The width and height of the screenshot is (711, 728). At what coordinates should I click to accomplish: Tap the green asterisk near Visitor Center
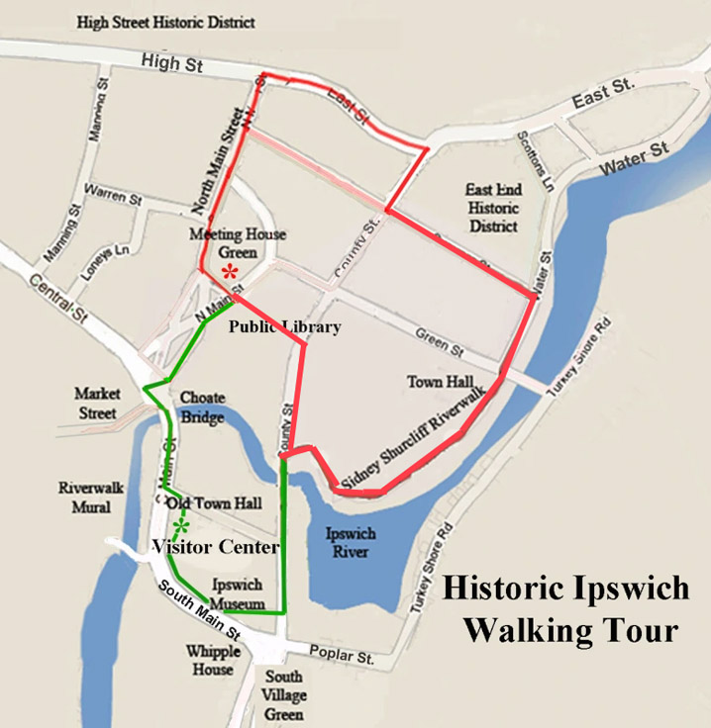(x=180, y=525)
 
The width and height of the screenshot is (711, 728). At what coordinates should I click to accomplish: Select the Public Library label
(x=285, y=327)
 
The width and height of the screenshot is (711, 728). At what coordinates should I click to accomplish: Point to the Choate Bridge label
(x=202, y=408)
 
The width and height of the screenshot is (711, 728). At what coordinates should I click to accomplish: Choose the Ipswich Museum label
(x=238, y=593)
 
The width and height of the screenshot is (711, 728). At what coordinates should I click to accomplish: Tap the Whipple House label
(x=214, y=660)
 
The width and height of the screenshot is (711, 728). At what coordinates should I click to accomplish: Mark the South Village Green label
(x=284, y=695)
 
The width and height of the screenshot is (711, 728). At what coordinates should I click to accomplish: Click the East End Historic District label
(x=493, y=208)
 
